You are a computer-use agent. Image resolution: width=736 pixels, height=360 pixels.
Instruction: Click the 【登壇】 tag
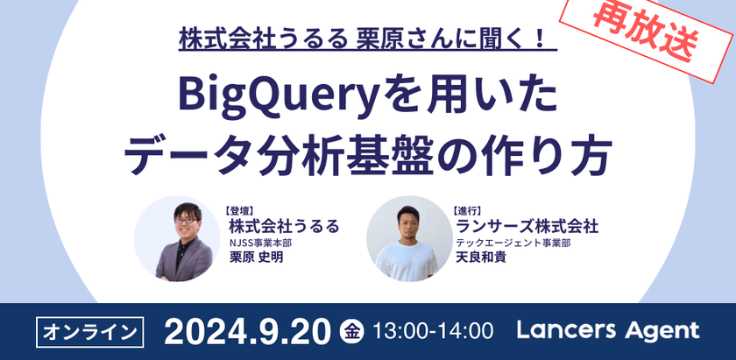[239, 211]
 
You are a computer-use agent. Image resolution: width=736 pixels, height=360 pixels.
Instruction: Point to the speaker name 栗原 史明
[254, 258]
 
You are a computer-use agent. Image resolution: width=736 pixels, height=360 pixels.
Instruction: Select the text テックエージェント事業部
[513, 243]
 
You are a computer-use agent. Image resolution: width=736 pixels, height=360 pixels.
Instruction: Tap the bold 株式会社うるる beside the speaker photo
[282, 227]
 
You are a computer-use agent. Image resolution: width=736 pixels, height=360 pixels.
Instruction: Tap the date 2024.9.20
[246, 331]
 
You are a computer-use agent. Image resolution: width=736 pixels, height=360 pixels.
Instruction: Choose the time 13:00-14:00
[433, 332]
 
